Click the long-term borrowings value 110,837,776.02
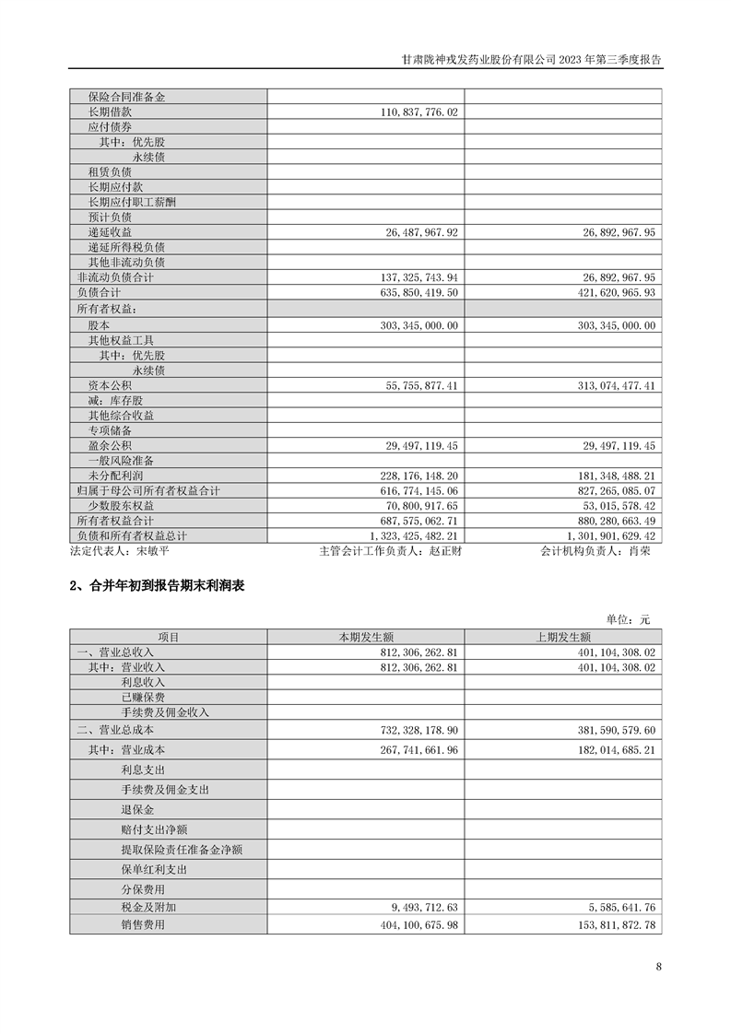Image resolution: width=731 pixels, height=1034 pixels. click(x=419, y=111)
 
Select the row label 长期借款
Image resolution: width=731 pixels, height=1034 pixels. click(x=110, y=111)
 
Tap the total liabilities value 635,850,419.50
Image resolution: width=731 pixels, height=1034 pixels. click(x=419, y=292)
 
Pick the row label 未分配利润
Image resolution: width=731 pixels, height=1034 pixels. click(x=115, y=476)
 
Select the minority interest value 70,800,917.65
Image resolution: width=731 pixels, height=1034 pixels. click(x=419, y=506)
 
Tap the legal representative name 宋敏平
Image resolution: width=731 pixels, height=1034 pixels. click(x=153, y=551)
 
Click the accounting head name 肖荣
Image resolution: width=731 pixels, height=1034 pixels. click(x=640, y=551)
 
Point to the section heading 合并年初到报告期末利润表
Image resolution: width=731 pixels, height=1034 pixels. click(x=162, y=586)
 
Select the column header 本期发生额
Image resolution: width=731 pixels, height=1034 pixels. click(x=366, y=637)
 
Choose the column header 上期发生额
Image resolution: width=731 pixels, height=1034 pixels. click(x=562, y=637)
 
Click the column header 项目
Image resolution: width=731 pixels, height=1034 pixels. click(x=169, y=637)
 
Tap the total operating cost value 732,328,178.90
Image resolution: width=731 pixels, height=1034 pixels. click(x=419, y=729)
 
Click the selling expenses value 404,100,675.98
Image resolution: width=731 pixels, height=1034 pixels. click(x=419, y=924)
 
